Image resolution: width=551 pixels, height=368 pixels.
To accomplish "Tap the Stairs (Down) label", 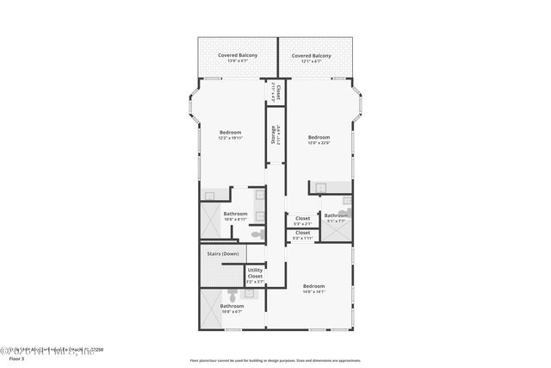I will click(x=223, y=254).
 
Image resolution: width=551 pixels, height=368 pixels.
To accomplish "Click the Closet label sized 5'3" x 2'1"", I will click(x=302, y=219).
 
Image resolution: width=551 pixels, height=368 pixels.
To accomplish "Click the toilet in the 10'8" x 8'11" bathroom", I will click(x=256, y=232).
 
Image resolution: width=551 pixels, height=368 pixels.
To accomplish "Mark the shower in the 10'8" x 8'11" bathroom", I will click(x=209, y=221).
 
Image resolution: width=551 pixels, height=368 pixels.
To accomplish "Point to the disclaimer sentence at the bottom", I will click(x=275, y=360).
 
